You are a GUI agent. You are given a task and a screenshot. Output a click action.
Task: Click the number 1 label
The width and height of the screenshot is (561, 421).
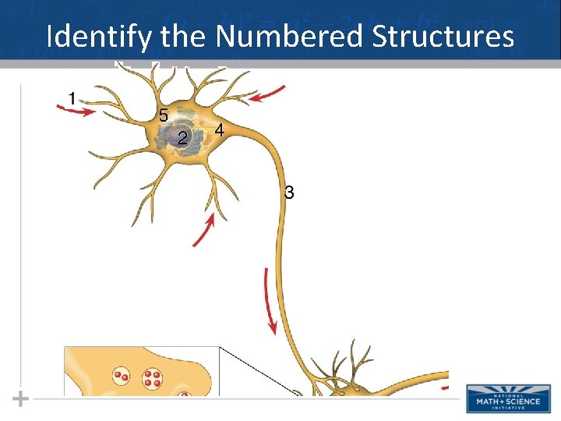coord(72,99)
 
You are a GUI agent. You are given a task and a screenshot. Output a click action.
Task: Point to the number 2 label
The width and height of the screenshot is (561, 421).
coord(182,138)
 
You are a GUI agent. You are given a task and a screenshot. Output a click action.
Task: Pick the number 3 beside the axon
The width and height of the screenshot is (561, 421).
coord(289,192)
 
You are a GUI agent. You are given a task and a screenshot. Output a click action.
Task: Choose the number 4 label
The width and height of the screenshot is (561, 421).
coord(220,131)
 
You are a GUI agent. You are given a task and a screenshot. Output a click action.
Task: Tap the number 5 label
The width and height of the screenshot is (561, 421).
coord(163,115)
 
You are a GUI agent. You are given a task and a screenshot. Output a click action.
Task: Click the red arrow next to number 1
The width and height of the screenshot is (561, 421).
coord(77,111)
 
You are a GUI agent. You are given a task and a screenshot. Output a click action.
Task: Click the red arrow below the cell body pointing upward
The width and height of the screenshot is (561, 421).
coord(203,232)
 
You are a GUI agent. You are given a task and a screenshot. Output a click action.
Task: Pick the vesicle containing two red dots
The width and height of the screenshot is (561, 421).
coord(121,376)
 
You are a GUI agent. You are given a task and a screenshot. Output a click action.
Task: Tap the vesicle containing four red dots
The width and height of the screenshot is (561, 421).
coord(152,379)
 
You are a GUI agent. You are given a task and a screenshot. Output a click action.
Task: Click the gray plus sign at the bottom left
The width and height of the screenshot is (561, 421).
coord(21,399)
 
